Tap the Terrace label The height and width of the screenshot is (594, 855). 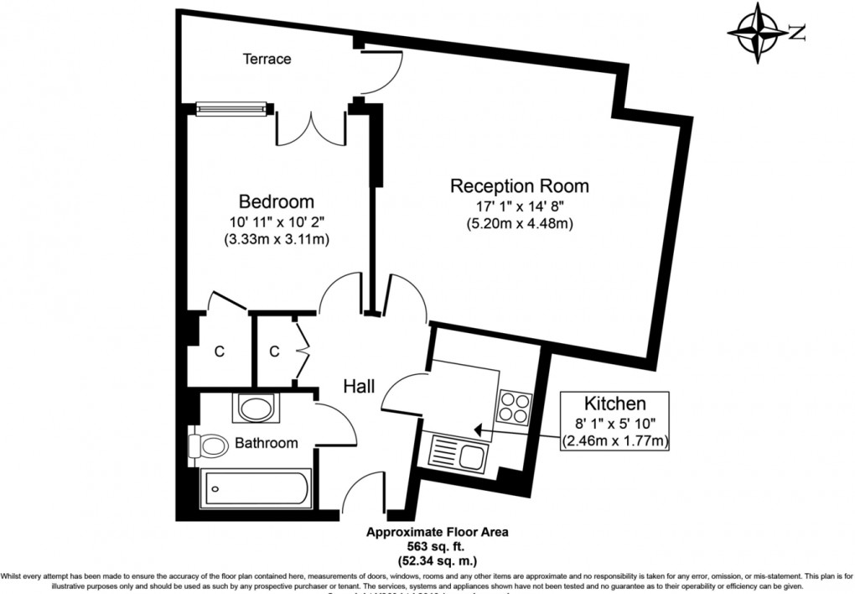267,59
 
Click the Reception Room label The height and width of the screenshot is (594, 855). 519,185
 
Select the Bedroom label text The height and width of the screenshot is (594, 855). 277,201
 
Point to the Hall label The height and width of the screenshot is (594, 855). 359,386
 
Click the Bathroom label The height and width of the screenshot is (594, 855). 266,443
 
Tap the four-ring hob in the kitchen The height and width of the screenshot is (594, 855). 515,407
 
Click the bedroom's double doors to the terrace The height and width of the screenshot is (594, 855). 311,126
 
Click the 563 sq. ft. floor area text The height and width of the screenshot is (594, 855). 436,544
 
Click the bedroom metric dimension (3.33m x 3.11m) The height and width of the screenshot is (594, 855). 277,239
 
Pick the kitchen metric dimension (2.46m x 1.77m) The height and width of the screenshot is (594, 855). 616,440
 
